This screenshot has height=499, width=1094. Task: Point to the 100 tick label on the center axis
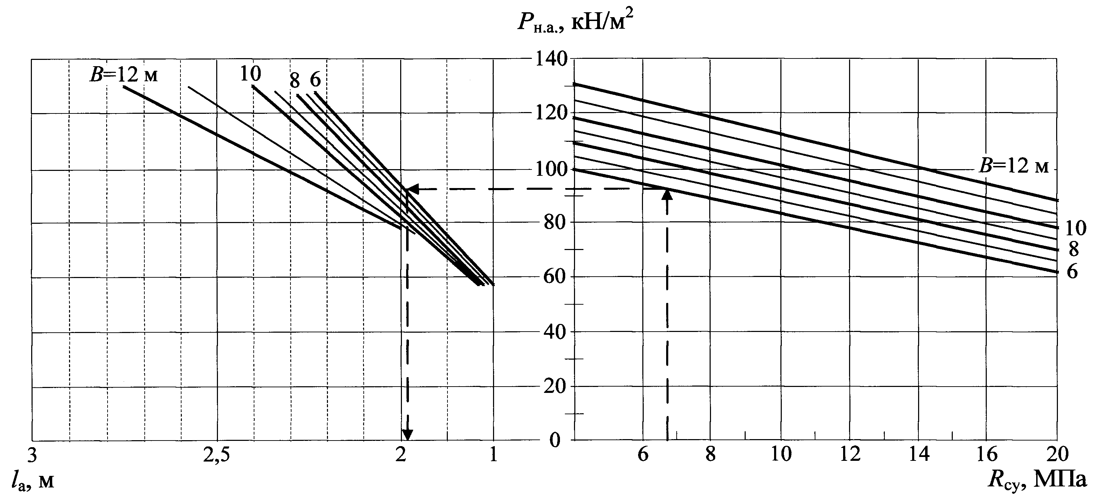point(551,170)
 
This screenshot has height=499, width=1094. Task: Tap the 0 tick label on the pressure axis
point(555,440)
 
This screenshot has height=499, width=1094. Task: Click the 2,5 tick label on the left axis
point(217,455)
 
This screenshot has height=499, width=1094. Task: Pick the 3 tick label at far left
point(32,455)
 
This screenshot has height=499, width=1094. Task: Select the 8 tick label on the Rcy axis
point(711,455)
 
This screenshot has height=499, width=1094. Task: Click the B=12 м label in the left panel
point(123,75)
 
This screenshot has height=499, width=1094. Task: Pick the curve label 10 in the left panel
point(250,74)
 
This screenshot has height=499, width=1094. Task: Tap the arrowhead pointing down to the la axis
point(407,435)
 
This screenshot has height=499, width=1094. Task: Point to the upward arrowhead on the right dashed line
point(667,195)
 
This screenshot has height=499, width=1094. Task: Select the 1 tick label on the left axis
point(493,455)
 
